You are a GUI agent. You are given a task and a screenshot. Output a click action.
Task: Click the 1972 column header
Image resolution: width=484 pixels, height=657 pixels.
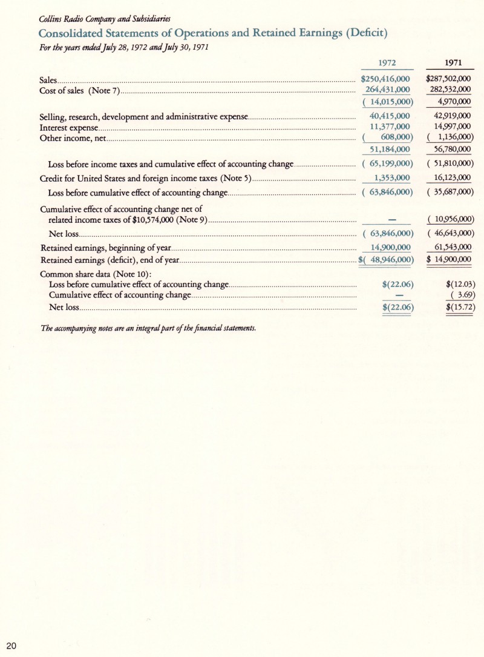tap(387, 62)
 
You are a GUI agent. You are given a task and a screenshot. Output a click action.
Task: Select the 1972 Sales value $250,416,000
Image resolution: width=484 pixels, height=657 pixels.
tap(386, 79)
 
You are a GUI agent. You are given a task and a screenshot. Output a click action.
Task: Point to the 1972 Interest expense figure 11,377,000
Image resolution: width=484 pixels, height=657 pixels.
tap(390, 127)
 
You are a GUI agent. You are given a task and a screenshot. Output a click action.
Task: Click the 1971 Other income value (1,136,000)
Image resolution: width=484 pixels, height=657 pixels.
tap(450, 138)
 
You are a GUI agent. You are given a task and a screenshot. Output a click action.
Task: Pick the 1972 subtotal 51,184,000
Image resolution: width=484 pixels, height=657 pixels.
tap(390, 150)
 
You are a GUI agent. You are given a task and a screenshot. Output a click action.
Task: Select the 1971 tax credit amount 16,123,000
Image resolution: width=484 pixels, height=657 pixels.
tap(450, 177)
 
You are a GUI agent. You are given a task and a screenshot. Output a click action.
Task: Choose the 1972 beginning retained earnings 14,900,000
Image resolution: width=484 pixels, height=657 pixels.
tap(390, 247)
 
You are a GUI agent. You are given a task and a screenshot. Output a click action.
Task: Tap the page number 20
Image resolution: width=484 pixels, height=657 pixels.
tap(13, 644)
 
